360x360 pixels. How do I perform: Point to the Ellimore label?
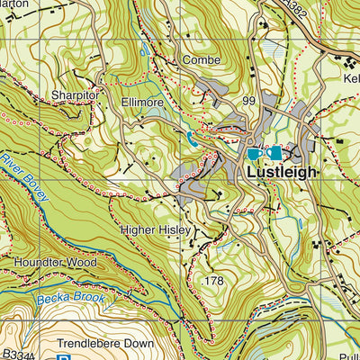(x=141, y=103)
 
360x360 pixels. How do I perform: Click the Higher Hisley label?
(x=156, y=230)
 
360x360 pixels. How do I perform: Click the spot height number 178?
(x=214, y=282)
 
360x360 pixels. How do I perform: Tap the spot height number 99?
(x=249, y=100)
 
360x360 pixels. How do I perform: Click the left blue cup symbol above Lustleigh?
(x=255, y=154)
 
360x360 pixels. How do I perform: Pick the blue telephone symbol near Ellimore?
(x=191, y=138)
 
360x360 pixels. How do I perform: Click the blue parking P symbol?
(x=63, y=356)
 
